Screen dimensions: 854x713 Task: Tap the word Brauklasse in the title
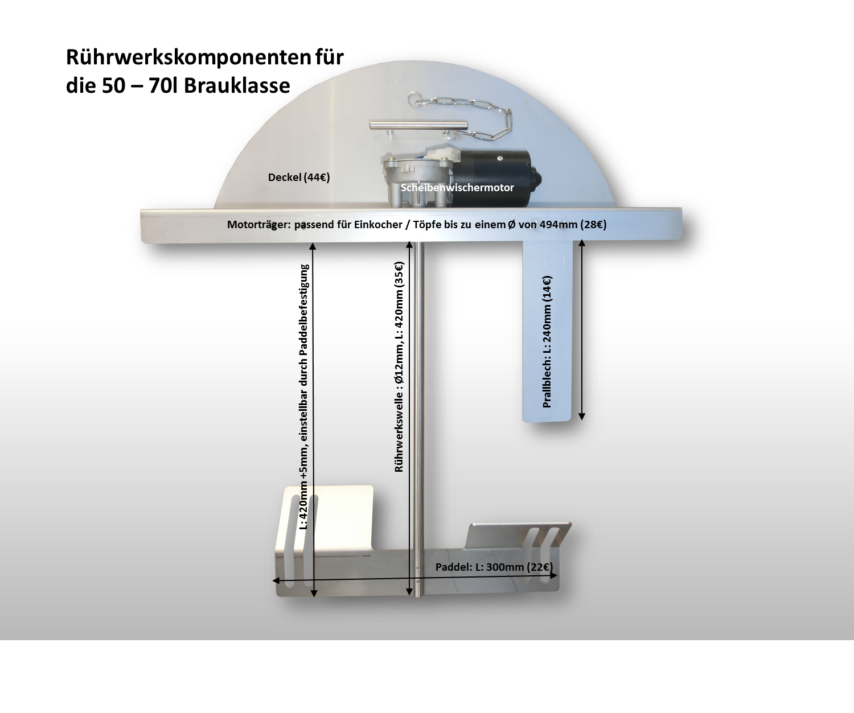237,86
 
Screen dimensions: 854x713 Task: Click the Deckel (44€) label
299,177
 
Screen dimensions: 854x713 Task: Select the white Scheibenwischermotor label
457,188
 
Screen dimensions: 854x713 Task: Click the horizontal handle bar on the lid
418,125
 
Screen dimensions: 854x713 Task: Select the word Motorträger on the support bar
258,224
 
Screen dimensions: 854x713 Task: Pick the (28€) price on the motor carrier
593,224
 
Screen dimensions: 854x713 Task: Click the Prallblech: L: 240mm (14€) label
547,341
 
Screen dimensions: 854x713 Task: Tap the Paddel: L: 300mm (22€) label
494,567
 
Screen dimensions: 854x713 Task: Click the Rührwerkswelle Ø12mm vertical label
399,366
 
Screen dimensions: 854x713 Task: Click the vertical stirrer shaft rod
418,419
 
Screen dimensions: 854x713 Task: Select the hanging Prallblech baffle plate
547,331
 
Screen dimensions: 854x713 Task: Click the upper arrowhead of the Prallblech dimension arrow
582,243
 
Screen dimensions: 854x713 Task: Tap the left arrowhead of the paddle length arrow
276,580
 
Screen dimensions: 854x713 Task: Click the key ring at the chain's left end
414,98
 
